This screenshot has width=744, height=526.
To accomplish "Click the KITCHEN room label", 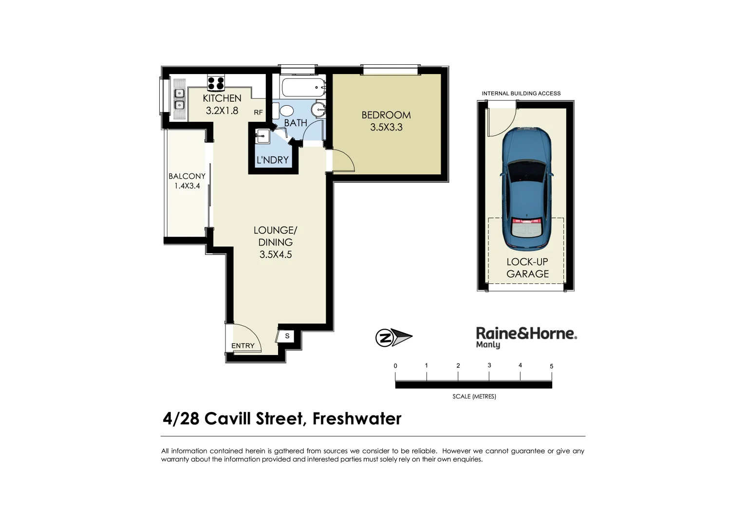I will tap(222, 98).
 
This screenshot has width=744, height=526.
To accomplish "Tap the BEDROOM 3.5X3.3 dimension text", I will tap(386, 128).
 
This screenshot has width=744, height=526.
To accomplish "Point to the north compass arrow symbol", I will tap(393, 337).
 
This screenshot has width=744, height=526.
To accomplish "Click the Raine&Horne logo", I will tap(526, 337).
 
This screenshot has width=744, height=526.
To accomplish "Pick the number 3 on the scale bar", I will tap(489, 365).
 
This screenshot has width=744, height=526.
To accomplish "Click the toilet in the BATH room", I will tap(286, 111).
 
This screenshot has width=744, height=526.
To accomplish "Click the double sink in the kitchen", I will tap(179, 99).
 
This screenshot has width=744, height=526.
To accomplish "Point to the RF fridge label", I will tap(258, 113).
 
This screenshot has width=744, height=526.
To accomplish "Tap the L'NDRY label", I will tap(273, 160).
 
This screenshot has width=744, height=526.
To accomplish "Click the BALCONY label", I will tap(187, 176).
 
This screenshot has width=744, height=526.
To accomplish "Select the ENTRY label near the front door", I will tap(242, 346).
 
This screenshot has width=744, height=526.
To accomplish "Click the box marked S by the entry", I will tap(287, 336).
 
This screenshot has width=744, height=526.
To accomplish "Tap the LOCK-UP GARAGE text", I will tap(527, 268).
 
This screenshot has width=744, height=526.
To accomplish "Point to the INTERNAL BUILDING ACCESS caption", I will tap(521, 94).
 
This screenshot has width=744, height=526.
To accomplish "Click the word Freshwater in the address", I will tap(357, 418).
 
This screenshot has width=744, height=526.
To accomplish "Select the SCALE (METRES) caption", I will tap(474, 396).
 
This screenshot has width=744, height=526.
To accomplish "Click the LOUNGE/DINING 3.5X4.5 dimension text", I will tap(276, 254).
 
